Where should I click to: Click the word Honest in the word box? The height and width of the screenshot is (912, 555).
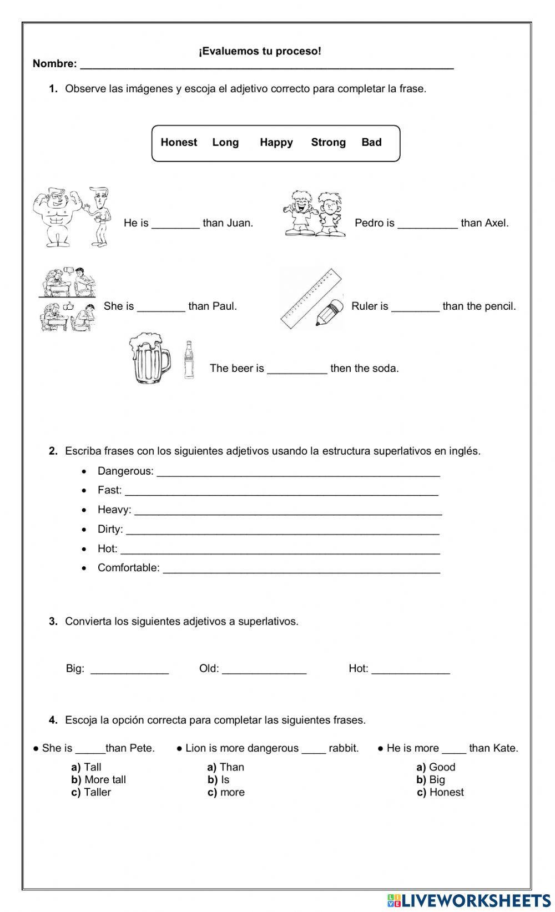(179, 143)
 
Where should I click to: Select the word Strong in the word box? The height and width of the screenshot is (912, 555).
(328, 143)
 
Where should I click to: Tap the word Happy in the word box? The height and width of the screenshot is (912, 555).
(276, 143)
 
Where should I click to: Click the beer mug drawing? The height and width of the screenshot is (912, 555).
(149, 358)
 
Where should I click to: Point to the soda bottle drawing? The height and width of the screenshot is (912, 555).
(189, 360)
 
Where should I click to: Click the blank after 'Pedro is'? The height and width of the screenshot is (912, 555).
(427, 224)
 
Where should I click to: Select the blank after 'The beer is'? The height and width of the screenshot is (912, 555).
(297, 369)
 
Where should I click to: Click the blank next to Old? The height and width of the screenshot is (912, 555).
(264, 670)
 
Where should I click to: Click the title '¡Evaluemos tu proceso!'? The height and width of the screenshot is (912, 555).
(260, 52)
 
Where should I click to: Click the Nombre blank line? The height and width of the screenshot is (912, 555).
(266, 65)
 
